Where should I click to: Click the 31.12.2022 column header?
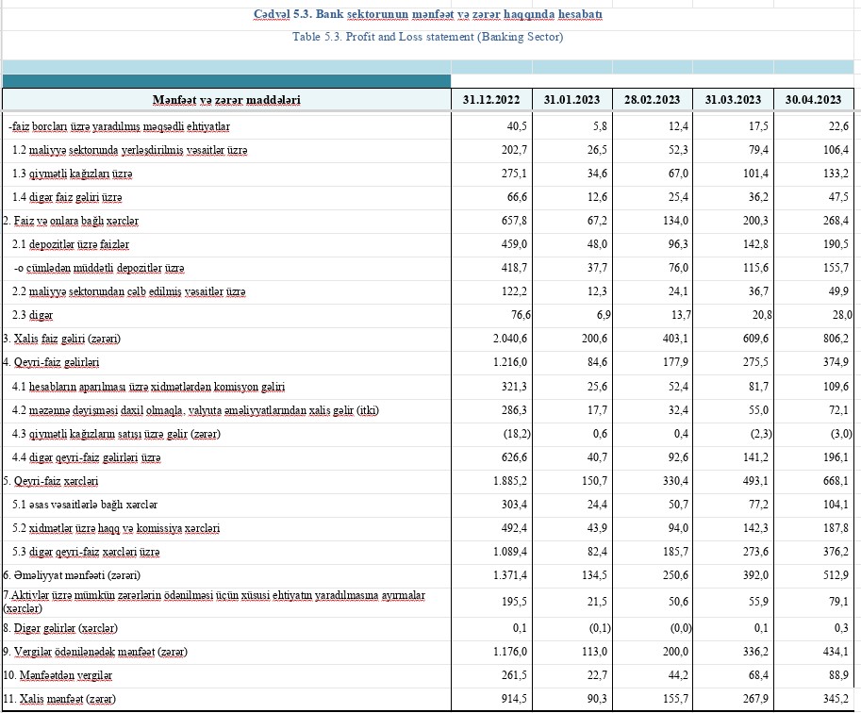pos(491,100)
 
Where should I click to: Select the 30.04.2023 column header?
pos(813,100)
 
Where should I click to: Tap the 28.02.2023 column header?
pos(652,100)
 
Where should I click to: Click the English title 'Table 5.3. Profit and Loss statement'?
pos(428,37)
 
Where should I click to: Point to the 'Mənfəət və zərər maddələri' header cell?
pos(226,100)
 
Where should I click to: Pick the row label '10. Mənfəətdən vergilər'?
pos(59,675)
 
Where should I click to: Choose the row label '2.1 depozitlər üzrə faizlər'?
pos(64,245)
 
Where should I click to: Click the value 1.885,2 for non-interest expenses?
pos(500,481)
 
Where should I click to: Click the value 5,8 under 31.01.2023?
pos(594,126)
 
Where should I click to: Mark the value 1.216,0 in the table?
pos(500,363)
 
